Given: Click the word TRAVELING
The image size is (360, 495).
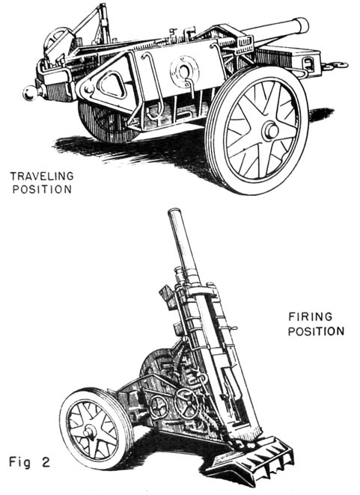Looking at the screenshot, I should (40, 176).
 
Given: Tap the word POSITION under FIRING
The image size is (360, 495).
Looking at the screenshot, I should (315, 330).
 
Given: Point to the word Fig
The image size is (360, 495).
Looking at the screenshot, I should (20, 461).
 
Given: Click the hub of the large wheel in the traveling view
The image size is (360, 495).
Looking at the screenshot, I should (269, 131).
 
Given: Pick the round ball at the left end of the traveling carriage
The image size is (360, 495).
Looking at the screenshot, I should (31, 93).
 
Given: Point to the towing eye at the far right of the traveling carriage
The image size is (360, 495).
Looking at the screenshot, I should (341, 65).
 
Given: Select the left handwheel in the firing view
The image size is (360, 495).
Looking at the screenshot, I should (158, 406).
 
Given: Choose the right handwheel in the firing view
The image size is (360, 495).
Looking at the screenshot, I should (188, 405).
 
